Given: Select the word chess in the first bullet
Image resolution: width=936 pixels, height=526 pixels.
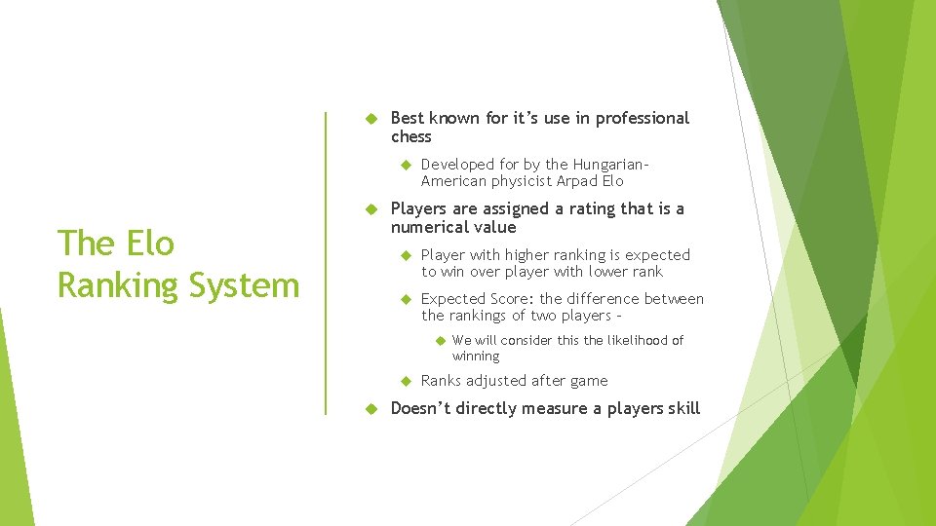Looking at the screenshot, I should pyautogui.click(x=410, y=136).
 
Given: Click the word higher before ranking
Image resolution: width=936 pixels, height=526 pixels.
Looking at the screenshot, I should pyautogui.click(x=526, y=254).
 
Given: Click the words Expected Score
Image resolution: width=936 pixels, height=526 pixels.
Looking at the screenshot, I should pyautogui.click(x=477, y=299).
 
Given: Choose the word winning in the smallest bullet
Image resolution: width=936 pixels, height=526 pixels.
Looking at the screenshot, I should pyautogui.click(x=475, y=357).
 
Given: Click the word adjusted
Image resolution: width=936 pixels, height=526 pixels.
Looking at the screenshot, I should pyautogui.click(x=496, y=381).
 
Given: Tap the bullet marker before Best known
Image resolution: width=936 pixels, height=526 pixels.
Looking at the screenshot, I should pyautogui.click(x=370, y=119).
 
